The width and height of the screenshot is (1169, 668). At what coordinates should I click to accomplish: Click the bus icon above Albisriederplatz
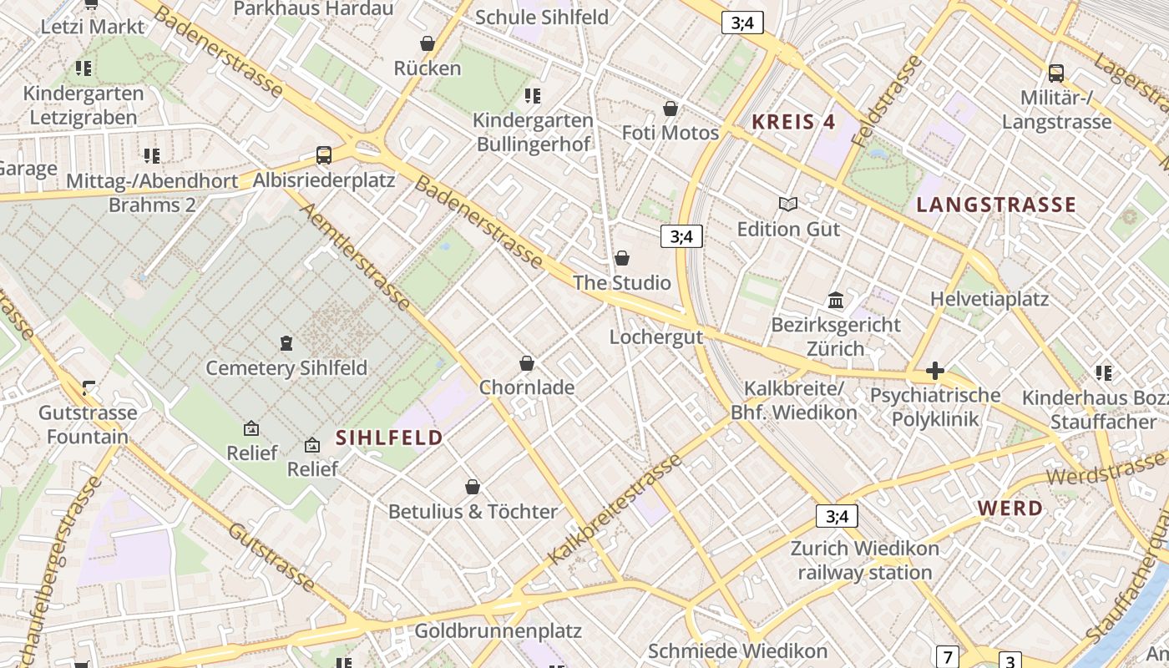click(324, 154)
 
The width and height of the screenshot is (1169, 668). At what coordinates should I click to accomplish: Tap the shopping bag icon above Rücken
click(428, 43)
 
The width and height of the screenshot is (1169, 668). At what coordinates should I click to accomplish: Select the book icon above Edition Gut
click(787, 204)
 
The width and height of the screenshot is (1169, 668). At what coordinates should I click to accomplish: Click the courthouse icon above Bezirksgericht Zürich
click(836, 300)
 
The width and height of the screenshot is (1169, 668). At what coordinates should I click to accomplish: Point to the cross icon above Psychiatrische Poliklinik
click(935, 370)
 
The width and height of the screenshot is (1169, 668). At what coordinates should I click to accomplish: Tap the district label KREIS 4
click(793, 122)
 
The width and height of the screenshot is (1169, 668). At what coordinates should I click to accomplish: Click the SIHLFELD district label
click(389, 438)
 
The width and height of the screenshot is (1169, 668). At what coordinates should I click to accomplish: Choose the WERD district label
click(1010, 508)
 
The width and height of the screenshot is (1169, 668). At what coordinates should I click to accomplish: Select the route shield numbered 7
click(947, 656)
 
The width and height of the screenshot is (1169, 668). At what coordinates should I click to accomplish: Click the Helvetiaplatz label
click(989, 299)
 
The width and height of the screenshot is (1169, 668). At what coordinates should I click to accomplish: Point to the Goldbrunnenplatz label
click(498, 630)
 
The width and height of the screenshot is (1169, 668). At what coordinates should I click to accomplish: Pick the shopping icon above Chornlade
click(527, 363)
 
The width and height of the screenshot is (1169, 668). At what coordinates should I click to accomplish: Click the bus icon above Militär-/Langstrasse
click(1056, 73)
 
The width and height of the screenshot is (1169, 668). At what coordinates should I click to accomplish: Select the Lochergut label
click(656, 337)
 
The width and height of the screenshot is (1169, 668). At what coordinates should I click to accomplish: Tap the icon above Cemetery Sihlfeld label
click(286, 343)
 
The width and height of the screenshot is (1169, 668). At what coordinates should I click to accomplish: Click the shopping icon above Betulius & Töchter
click(473, 487)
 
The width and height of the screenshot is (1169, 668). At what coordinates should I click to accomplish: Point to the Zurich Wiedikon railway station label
click(865, 560)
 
